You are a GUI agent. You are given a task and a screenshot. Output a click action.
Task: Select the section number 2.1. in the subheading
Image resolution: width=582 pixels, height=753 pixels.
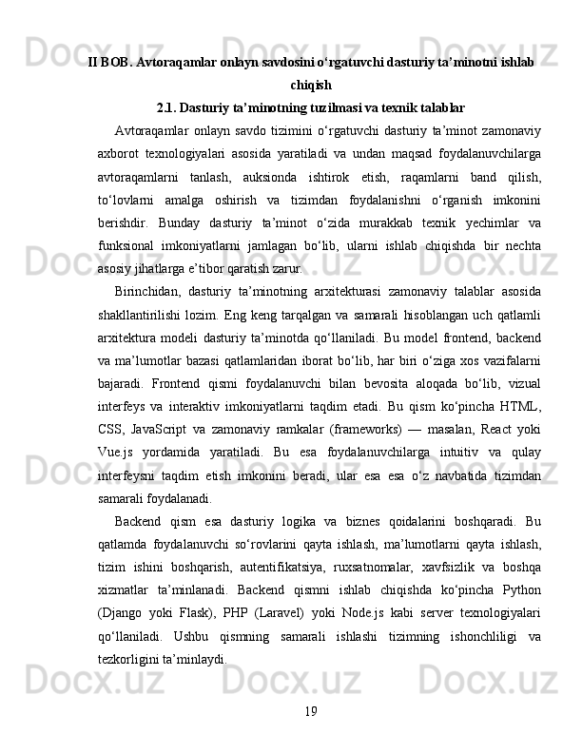169,106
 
